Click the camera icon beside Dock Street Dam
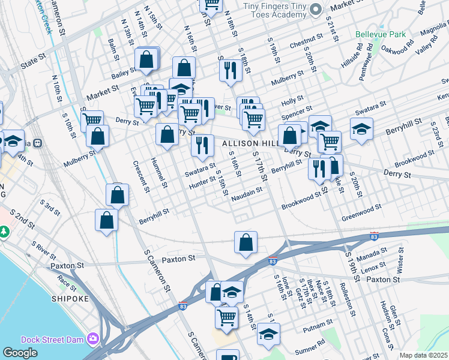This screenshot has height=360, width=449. pyautogui.click(x=92, y=338)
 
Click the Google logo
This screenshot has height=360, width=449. pyautogui.click(x=20, y=353)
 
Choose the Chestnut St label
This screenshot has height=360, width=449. pyautogui.click(x=306, y=41)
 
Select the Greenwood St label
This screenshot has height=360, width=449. pyautogui.click(x=362, y=210)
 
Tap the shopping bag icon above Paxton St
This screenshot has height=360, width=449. pyautogui.click(x=246, y=242)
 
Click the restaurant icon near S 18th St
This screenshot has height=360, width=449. pyautogui.click(x=230, y=70)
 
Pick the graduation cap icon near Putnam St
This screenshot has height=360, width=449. pyautogui.click(x=268, y=334)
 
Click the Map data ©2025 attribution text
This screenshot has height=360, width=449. pyautogui.click(x=423, y=355)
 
